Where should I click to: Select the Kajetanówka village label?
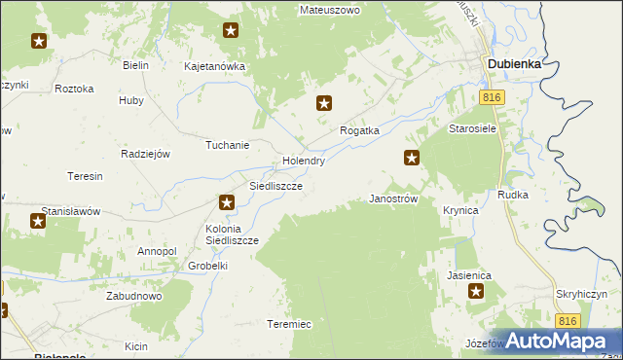pos(215,67)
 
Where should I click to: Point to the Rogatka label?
pos(358,129)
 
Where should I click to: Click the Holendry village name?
pos(303,161)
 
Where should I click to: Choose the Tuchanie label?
pos(227,145)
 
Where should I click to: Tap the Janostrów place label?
pos(394,198)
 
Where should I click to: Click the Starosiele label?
pos(473,128)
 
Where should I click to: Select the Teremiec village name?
pos(289,324)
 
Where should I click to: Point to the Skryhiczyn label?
pos(583,294)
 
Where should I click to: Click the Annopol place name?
pos(157,251)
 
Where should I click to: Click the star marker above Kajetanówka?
pos(231,30)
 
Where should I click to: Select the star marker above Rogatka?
pos(325,102)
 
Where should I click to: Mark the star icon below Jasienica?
pos(476,291)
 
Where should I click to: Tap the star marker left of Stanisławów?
pos(38,221)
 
